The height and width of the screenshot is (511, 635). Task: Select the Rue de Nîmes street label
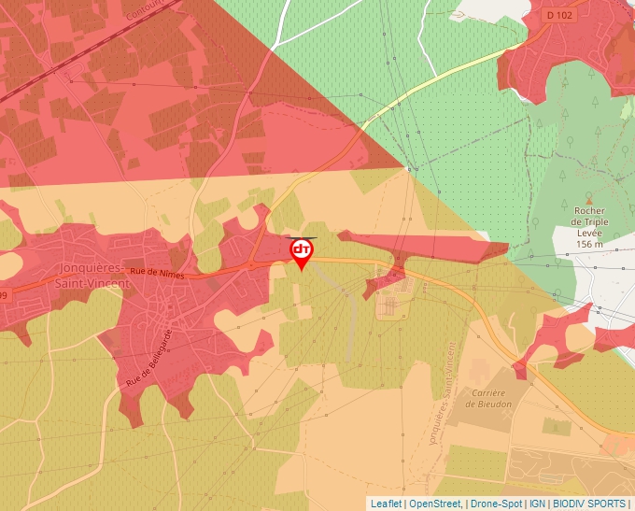pos(158,273)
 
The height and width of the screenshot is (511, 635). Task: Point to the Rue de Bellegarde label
pos(148,360)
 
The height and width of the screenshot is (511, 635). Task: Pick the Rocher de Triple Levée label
pos(589,222)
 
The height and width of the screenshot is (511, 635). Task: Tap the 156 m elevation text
pos(589,244)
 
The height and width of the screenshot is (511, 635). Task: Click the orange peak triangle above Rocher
pos(589,199)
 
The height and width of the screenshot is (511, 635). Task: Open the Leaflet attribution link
pos(386,504)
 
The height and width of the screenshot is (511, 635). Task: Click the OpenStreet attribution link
pos(436,504)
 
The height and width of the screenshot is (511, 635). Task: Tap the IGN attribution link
pos(538,504)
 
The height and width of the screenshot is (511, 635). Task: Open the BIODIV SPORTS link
pos(589,504)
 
